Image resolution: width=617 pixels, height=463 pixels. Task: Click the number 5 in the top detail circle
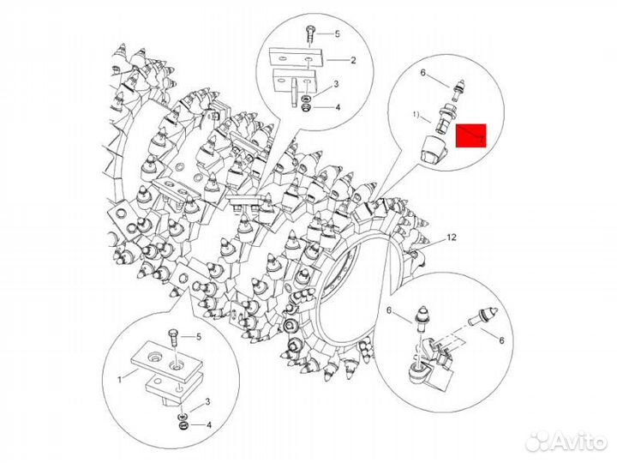(337, 33)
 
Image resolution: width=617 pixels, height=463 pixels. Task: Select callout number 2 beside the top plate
(352, 60)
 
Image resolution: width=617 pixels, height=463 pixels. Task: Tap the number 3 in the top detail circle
(337, 84)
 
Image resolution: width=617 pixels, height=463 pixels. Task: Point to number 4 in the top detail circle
(337, 107)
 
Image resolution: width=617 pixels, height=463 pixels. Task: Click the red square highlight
(471, 135)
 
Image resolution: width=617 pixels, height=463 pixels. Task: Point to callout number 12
(452, 236)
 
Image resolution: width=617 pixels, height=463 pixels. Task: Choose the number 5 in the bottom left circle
(199, 336)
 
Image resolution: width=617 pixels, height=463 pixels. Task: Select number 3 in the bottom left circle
(207, 401)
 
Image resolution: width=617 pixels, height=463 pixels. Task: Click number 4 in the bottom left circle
(207, 424)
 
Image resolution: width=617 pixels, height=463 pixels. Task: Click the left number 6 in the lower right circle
(389, 310)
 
